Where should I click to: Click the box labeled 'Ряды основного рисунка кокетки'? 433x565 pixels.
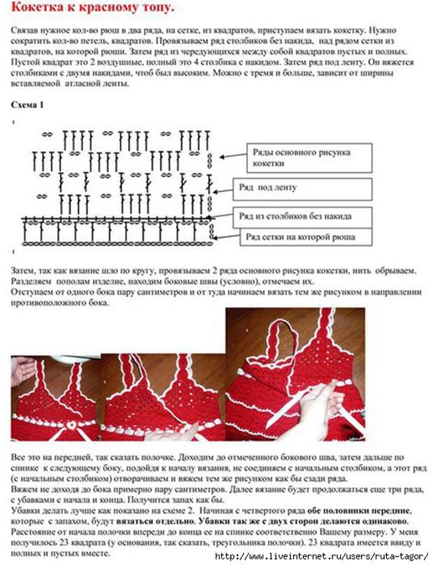coord(301,157)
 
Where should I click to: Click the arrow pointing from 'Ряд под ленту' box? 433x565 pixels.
coord(222,188)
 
